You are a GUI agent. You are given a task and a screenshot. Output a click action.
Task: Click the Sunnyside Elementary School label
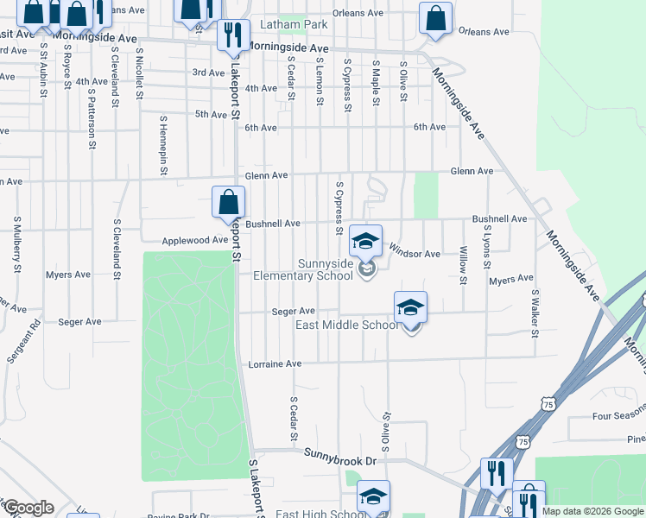[x=302, y=269]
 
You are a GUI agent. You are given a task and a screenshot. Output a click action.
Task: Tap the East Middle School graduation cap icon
[x=410, y=306]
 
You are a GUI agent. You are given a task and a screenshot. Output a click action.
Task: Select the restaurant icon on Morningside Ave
[x=232, y=35]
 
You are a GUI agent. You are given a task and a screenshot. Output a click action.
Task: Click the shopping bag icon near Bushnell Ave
[x=228, y=203]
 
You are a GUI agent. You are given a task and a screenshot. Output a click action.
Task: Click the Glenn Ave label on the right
[x=472, y=171]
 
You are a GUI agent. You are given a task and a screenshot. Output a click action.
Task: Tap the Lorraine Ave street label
[x=275, y=364]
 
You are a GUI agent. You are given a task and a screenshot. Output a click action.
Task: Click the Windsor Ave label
[x=415, y=254]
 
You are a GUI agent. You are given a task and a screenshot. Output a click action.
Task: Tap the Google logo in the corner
[x=28, y=508]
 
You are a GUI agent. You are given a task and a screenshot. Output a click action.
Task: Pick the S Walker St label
[x=535, y=312]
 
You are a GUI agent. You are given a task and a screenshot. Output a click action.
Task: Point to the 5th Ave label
[x=211, y=114]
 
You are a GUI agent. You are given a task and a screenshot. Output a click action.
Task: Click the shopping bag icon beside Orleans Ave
[x=436, y=18]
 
